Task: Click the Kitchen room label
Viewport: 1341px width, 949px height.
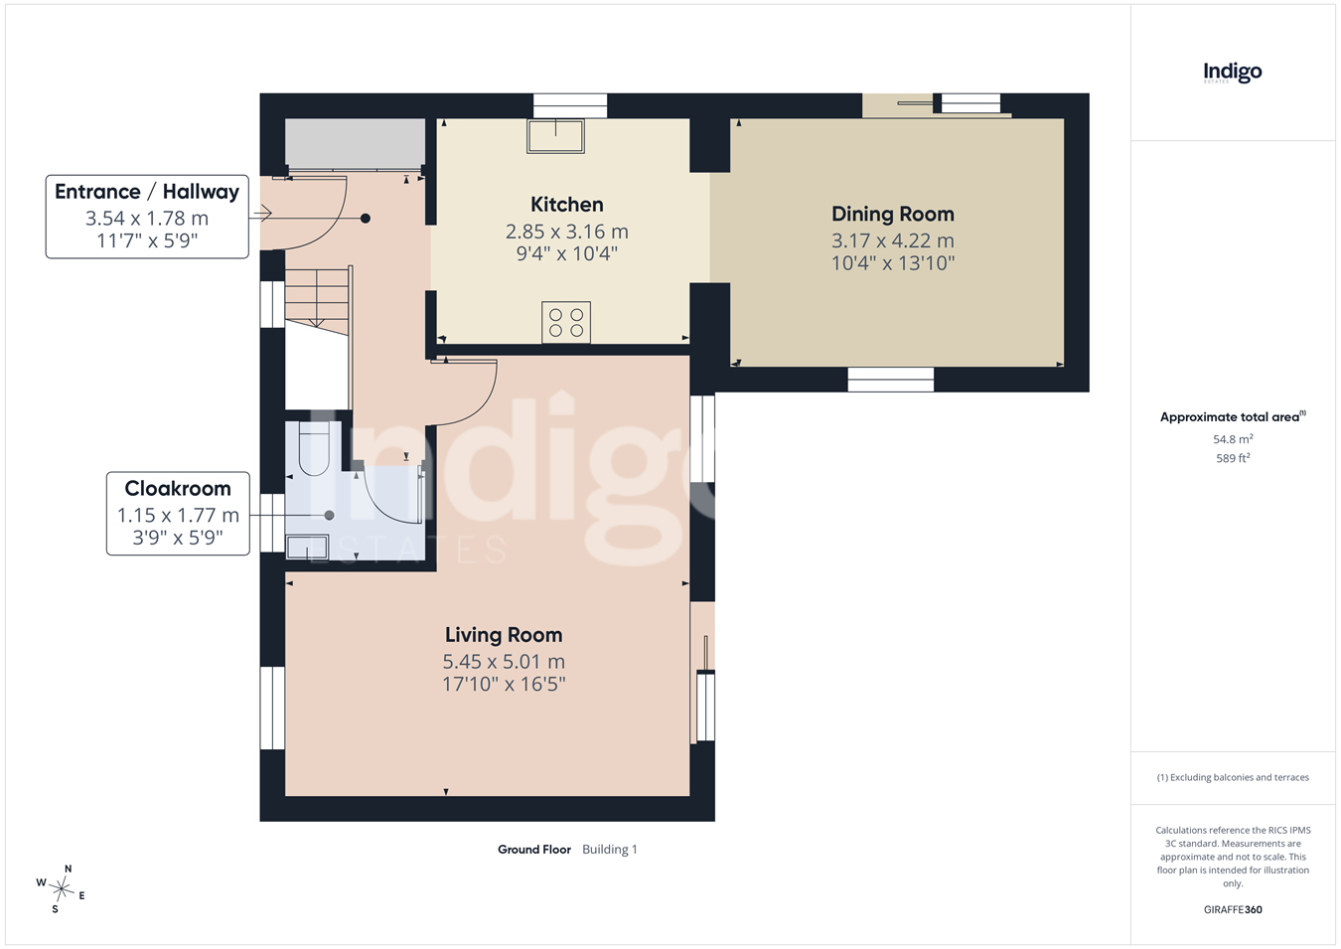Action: coord(566,205)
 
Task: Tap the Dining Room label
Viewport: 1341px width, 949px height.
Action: coord(893,215)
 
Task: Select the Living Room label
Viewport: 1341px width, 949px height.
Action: coord(504,635)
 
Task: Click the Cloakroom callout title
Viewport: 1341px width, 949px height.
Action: coord(178,489)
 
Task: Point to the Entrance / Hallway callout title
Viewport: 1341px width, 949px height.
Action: coord(147,192)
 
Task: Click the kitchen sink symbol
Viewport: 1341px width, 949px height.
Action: coord(555,136)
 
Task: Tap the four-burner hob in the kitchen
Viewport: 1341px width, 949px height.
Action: coord(566,322)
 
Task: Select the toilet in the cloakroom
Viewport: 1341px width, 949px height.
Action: coord(314,448)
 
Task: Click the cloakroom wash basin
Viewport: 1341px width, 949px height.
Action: coord(307,548)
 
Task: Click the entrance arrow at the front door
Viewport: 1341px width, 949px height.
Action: coord(262,213)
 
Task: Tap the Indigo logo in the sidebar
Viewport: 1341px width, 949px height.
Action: coord(1233,74)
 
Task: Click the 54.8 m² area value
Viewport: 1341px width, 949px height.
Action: coord(1233,439)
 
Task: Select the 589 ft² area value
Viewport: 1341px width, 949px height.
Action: coord(1233,458)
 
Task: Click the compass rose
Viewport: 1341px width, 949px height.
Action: coord(61,889)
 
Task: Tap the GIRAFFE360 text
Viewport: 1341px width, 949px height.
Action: coord(1233,909)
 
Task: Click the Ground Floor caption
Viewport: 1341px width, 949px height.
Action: coord(534,849)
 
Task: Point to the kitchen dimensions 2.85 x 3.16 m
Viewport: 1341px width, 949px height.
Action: coord(566,232)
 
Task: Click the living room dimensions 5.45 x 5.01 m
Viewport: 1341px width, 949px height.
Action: coord(504,662)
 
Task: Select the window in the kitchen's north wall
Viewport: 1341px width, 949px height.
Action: coord(570,106)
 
